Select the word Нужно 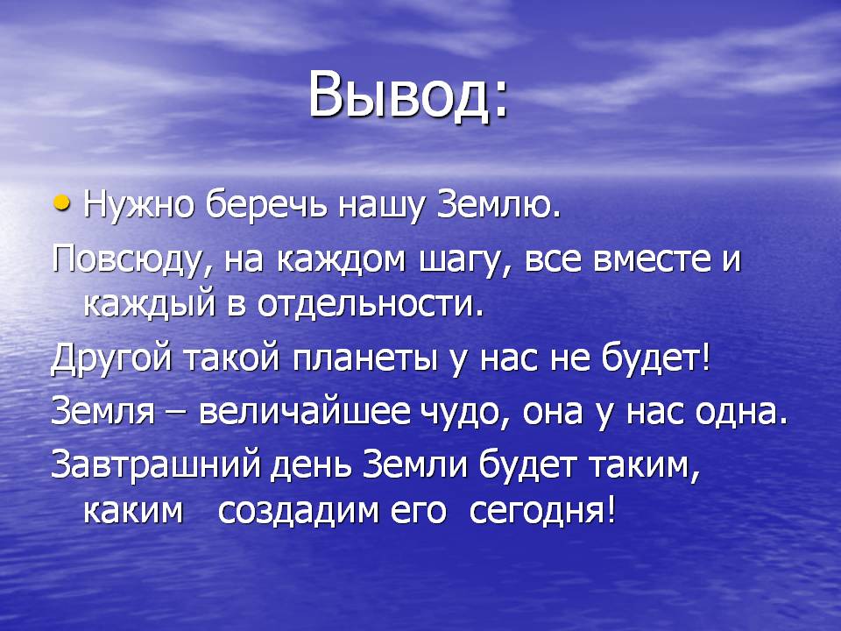point(138,205)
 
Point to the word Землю point(494,205)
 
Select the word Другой point(111,358)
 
